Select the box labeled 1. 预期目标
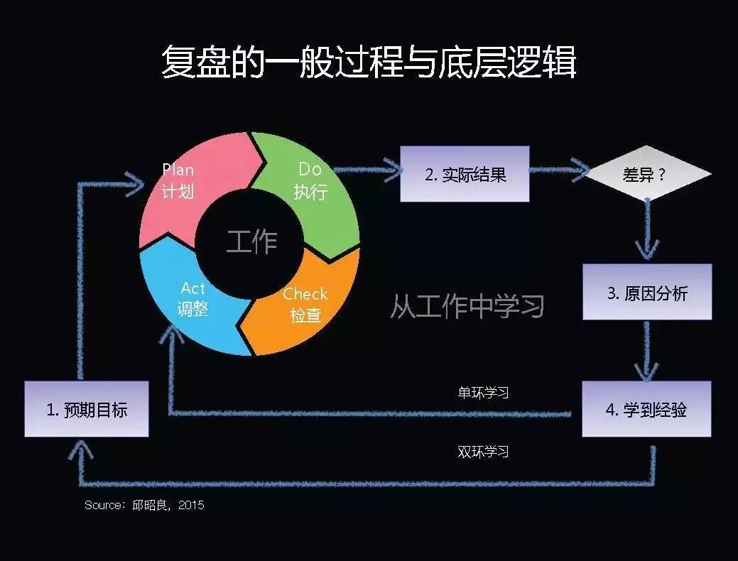[87, 409]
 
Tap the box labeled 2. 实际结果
[465, 174]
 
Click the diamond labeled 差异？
[646, 174]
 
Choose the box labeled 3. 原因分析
[647, 292]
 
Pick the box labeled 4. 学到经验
[646, 409]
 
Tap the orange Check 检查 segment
[305, 309]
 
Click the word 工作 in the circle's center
[251, 241]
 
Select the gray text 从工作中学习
[467, 306]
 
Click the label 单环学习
[483, 392]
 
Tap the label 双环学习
[483, 452]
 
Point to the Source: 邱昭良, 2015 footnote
[144, 505]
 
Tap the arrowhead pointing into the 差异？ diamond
[579, 170]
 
